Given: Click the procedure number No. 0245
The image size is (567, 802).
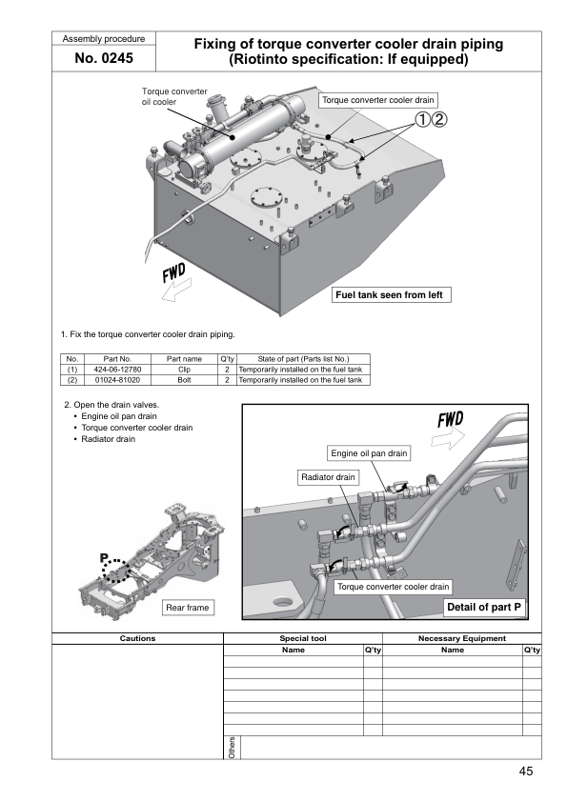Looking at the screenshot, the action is coord(103,58).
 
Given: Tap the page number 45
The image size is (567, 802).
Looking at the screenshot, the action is coord(526,771).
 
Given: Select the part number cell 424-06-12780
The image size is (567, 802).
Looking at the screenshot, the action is coord(117,370).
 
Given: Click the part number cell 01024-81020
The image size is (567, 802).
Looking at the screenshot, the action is coord(117,380).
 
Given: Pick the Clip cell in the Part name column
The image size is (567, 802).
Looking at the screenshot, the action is coord(184,370).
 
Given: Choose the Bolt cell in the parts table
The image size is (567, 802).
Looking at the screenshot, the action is coord(184,380).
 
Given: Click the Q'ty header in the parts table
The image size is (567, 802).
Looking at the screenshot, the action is coord(227,358).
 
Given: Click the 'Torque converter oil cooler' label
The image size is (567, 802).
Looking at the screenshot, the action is coord(174,96).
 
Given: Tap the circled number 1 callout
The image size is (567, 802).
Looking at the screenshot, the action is coord(422,119).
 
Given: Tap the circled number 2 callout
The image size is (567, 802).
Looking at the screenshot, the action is coord(439,119).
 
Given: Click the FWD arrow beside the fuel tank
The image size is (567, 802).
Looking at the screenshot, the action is coord(176,290).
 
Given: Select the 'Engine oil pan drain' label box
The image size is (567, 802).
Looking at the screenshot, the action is coord(369,453).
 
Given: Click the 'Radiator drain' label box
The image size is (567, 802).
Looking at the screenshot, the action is coord(328,477).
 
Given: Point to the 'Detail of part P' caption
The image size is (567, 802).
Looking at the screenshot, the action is coord(484,607).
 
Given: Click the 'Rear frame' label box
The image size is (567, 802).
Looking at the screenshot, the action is coord(188,608).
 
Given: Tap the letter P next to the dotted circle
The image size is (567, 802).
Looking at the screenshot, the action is coord(104,558).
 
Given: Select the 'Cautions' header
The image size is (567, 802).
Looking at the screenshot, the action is coord(137,638).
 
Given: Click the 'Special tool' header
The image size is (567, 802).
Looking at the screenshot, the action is coord(303,638).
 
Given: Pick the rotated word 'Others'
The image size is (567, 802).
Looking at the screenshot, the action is coord(232,748).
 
